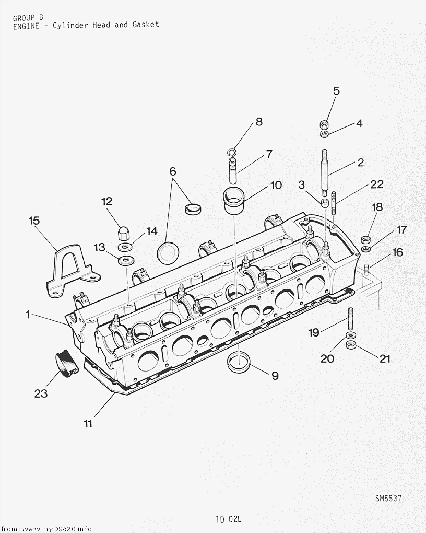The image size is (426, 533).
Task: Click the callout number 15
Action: [x=34, y=221]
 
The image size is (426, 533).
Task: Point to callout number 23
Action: [x=41, y=393]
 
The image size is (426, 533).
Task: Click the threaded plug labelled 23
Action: [x=67, y=363]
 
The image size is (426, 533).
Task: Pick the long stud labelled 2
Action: [x=325, y=173]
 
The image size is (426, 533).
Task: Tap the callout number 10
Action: [x=276, y=186]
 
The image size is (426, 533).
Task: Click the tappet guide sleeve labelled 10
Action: [x=234, y=200]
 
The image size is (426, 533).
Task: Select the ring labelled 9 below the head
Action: [x=239, y=363]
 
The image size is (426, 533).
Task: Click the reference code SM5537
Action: [x=388, y=499]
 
